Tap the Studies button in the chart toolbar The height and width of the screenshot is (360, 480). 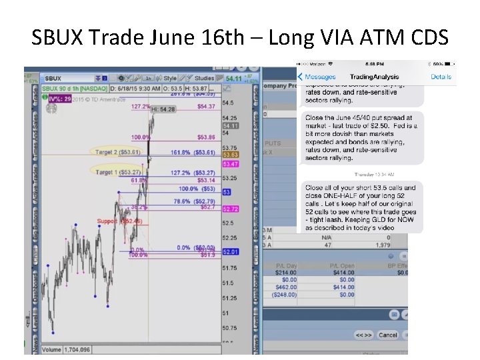(x=203, y=78)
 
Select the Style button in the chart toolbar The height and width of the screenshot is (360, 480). (x=170, y=78)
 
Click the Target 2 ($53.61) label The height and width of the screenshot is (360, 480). (x=117, y=152)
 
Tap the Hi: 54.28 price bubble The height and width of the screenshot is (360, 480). (x=163, y=109)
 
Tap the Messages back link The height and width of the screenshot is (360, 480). (x=319, y=77)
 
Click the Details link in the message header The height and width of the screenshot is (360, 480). (x=441, y=77)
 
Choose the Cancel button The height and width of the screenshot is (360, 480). (x=387, y=335)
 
